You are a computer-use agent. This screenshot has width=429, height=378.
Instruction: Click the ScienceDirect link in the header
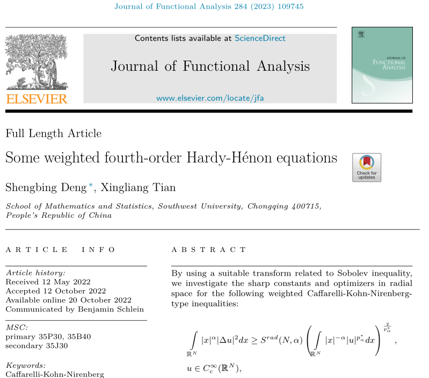(260, 39)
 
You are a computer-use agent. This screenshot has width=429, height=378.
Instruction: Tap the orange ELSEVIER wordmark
(37, 98)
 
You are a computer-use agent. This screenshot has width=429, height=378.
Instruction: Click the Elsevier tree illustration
(37, 62)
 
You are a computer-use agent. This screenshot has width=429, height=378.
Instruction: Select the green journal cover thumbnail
(382, 65)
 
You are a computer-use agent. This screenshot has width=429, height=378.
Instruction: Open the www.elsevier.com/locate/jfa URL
(210, 98)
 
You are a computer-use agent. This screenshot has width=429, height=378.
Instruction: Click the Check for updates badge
(367, 167)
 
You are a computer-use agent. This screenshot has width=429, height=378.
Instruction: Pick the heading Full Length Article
(53, 134)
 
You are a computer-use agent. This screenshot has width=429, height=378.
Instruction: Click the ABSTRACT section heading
(209, 250)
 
